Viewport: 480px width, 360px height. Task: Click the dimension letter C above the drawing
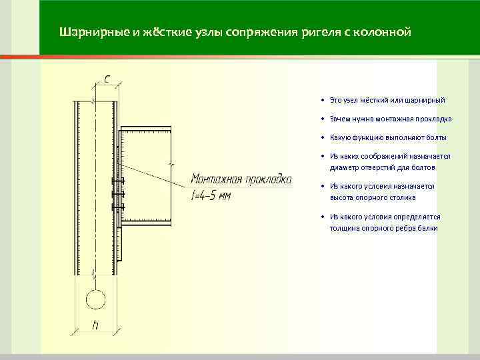(x=107, y=77)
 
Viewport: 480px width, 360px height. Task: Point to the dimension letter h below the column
(x=95, y=326)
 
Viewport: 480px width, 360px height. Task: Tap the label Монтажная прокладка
(x=241, y=179)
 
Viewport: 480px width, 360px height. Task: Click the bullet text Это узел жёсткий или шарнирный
(x=387, y=100)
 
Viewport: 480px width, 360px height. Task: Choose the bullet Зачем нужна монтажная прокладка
(x=390, y=119)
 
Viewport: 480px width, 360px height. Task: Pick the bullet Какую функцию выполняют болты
(x=388, y=137)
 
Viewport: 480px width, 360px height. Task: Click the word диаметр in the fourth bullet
(x=344, y=168)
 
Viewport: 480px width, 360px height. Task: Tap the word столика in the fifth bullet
(x=403, y=197)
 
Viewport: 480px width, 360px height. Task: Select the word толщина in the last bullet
(x=344, y=228)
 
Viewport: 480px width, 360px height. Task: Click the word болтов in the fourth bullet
(x=423, y=168)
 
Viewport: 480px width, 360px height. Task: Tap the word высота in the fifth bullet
(x=341, y=197)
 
